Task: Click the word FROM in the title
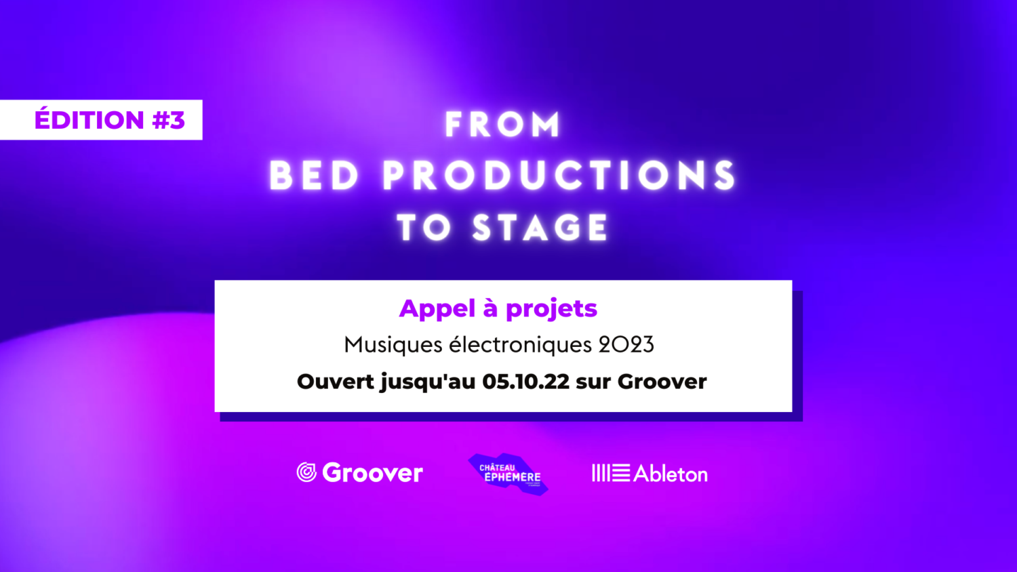coord(502,124)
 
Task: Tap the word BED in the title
coord(314,176)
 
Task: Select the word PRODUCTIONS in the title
coord(559,176)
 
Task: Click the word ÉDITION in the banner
coord(89,119)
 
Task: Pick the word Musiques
coord(393,346)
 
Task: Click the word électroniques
coord(520,344)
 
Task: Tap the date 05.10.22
coord(525,382)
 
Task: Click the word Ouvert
coord(335,382)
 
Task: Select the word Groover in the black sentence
coord(662,382)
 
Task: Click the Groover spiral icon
coord(306,472)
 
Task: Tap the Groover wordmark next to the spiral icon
coord(372,472)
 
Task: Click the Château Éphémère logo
coord(509,474)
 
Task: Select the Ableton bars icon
coord(611,473)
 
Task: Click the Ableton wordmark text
coord(671,474)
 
